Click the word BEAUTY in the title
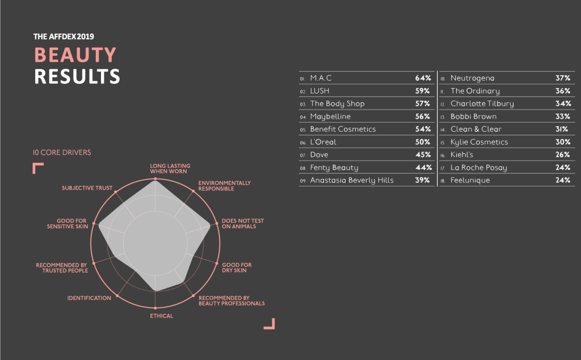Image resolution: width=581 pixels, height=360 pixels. tap(75, 55)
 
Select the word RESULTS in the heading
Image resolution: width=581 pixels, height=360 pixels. tap(77, 76)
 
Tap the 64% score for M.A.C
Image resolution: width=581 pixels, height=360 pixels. tap(423, 78)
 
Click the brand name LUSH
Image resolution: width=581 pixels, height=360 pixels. tap(319, 91)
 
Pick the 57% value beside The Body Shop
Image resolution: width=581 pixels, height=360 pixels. tap(423, 104)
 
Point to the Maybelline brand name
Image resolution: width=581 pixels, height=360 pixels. tap(330, 116)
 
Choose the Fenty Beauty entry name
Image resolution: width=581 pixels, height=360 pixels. tap(334, 168)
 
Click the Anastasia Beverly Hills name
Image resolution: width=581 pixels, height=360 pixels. tap(352, 181)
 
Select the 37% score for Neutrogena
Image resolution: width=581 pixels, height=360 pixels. tap(563, 78)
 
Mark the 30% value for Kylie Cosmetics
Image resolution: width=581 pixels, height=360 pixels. tap(563, 142)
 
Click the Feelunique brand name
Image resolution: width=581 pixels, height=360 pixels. tap(470, 181)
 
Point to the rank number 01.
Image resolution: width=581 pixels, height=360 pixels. tap(303, 78)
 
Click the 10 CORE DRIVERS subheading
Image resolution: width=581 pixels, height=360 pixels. tap(62, 153)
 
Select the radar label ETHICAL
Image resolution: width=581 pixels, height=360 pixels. tap(162, 316)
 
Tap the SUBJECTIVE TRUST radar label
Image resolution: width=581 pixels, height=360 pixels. tap(87, 187)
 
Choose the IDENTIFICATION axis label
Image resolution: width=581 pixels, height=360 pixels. tap(89, 298)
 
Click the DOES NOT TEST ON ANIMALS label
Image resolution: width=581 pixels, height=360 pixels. tap(242, 224)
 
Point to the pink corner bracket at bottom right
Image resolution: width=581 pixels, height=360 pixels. tap(270, 324)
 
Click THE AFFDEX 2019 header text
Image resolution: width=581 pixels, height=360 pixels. tap(64, 36)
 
